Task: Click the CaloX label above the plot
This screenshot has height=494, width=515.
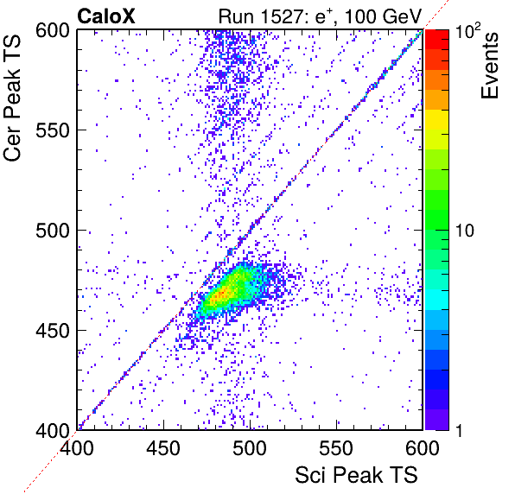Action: pyautogui.click(x=106, y=16)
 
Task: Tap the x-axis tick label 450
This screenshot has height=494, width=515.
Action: pyautogui.click(x=163, y=448)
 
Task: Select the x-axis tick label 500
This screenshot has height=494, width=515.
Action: pyautogui.click(x=250, y=448)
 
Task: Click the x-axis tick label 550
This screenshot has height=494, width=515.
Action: pyautogui.click(x=336, y=448)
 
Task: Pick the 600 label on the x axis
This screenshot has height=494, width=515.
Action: pyautogui.click(x=423, y=448)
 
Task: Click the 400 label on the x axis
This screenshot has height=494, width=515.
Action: pyautogui.click(x=77, y=448)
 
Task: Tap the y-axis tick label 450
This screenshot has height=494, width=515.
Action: pyautogui.click(x=53, y=331)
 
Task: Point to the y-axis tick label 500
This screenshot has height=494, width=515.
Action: pyautogui.click(x=53, y=231)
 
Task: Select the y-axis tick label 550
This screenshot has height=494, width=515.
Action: pyautogui.click(x=53, y=130)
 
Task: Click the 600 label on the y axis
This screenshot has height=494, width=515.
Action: pyautogui.click(x=53, y=31)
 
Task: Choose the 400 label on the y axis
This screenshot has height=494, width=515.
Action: pyautogui.click(x=53, y=430)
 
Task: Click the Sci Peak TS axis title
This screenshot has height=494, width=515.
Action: pyautogui.click(x=356, y=475)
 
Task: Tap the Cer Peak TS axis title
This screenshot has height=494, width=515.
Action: pyautogui.click(x=12, y=98)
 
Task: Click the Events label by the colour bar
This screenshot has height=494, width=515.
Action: pyautogui.click(x=489, y=66)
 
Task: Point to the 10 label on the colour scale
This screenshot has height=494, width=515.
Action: pyautogui.click(x=465, y=231)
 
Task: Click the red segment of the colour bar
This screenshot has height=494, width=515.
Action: pyautogui.click(x=437, y=40)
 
